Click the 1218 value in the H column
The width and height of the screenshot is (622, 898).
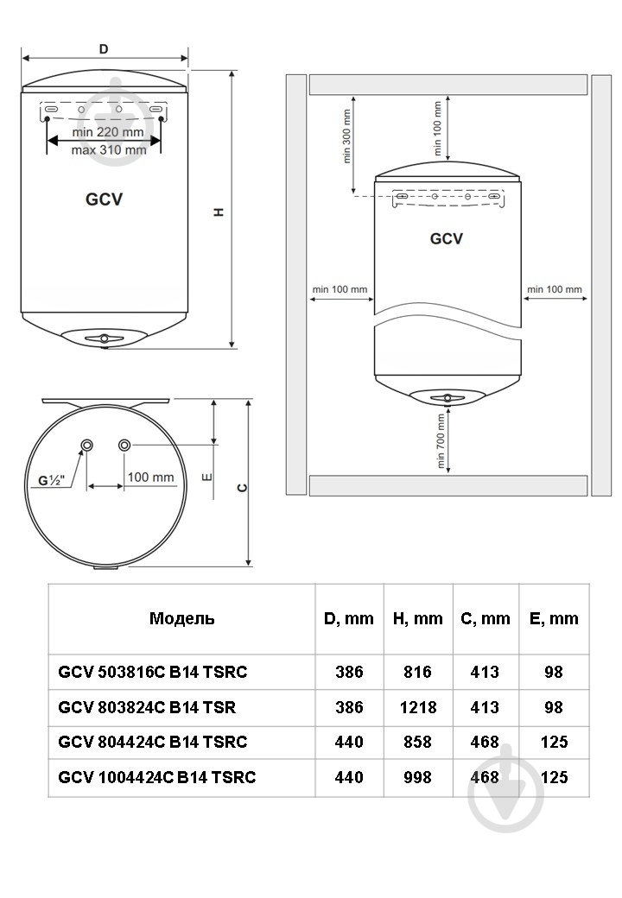tap(417, 707)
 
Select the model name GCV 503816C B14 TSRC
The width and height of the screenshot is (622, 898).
tap(152, 672)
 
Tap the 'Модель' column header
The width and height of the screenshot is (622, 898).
tap(181, 618)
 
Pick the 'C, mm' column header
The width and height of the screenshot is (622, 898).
tap(486, 618)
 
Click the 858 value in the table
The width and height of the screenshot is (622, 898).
tap(417, 743)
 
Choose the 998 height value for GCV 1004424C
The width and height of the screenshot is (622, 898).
tap(417, 777)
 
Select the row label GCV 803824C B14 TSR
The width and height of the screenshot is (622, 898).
tap(147, 707)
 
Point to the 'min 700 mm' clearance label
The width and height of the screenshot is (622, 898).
tap(441, 441)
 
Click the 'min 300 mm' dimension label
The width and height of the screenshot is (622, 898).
tap(346, 136)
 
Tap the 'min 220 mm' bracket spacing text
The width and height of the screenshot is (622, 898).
tap(108, 132)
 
